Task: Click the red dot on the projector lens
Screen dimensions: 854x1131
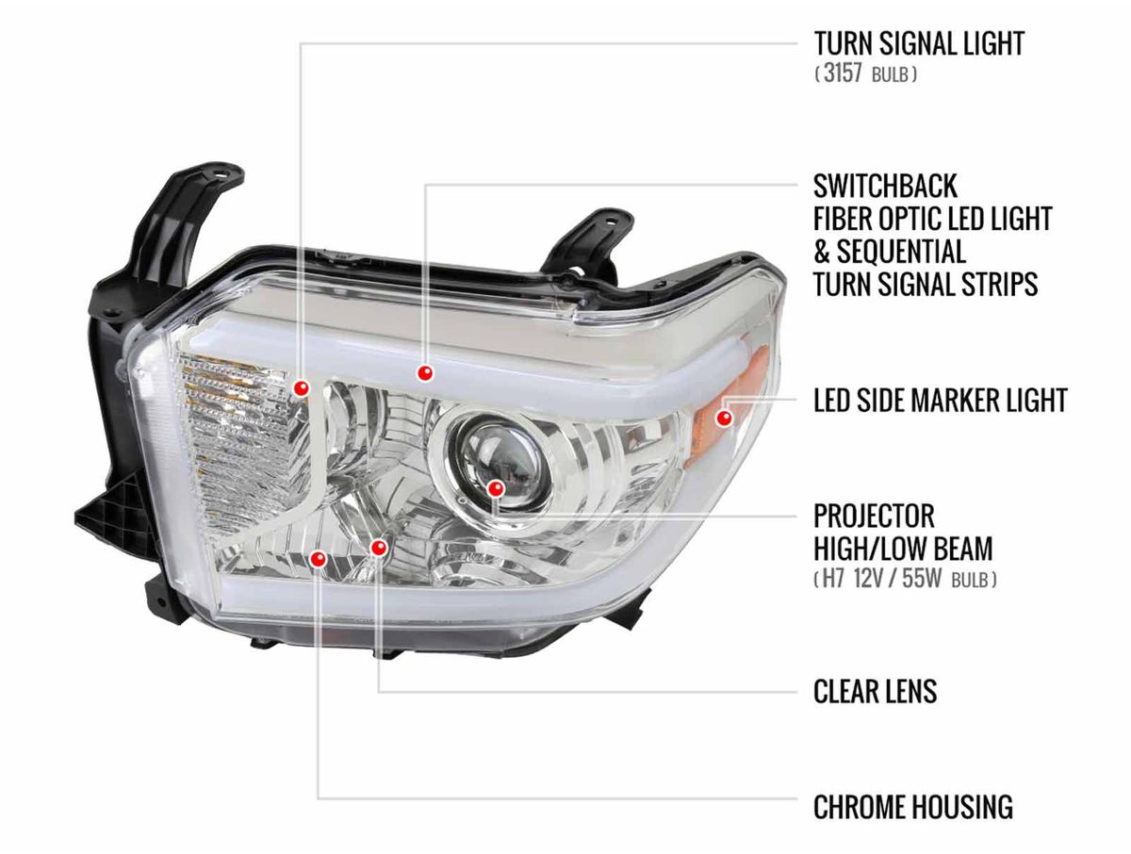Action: point(496,487)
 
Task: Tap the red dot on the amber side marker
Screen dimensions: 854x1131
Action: point(725,417)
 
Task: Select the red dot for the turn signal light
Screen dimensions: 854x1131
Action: point(302,387)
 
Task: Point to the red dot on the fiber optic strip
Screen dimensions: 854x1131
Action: point(425,373)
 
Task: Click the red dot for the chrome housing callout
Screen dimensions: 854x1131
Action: point(318,559)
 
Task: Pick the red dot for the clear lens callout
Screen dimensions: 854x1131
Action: point(379,547)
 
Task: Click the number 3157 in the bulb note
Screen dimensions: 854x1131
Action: point(843,74)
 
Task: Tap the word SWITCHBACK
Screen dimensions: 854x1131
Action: point(884,185)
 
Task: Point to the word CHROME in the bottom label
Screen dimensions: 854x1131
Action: point(860,807)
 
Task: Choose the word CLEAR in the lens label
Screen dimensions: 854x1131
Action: point(844,691)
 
